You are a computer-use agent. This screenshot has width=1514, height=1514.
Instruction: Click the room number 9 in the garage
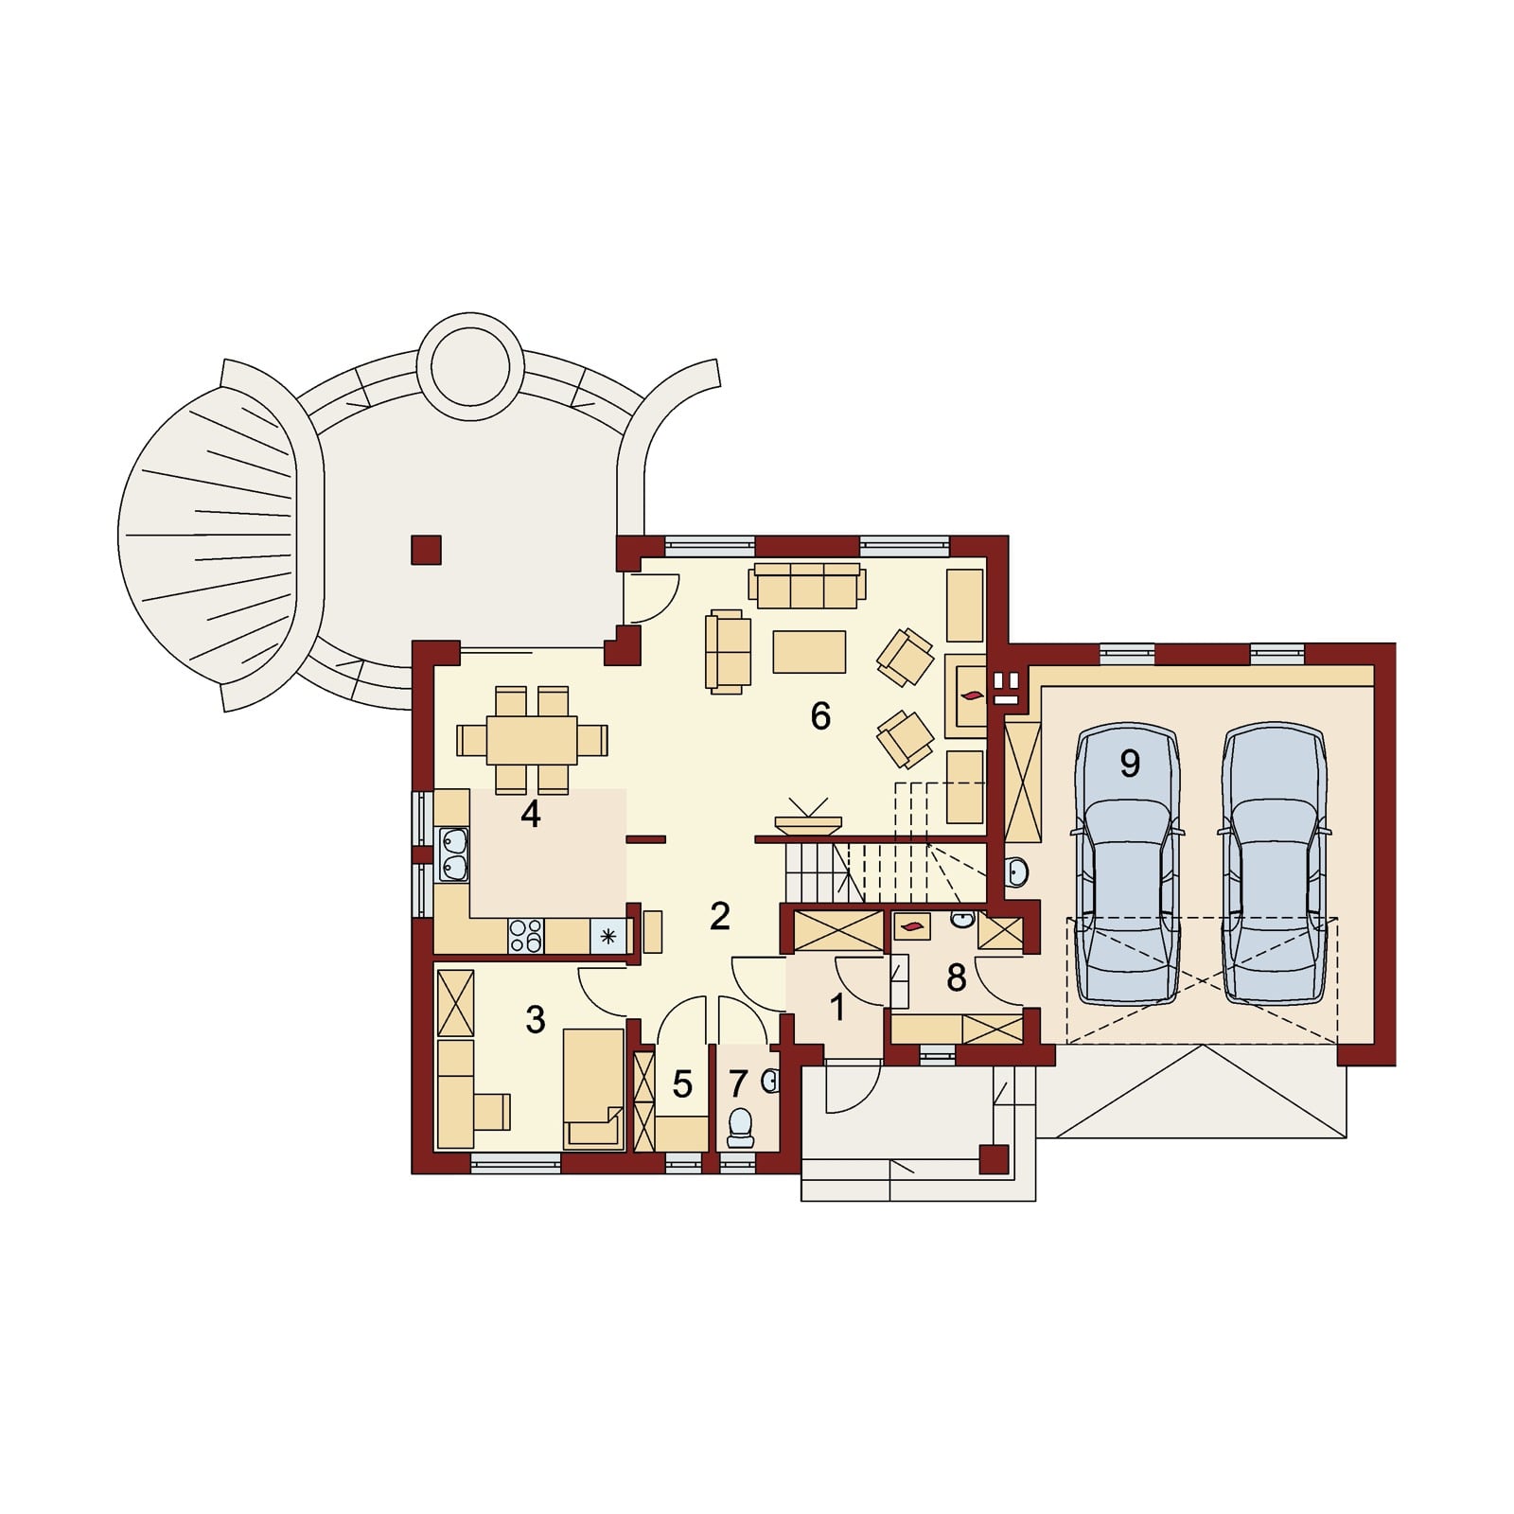[x=1129, y=763]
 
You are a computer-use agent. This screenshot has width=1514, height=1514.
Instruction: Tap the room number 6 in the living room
[x=820, y=716]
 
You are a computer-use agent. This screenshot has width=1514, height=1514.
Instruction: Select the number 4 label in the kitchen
[x=530, y=814]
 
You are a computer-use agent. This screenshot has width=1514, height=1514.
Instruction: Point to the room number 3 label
[x=535, y=1019]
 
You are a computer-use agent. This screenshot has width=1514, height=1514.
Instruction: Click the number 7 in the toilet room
[x=739, y=1083]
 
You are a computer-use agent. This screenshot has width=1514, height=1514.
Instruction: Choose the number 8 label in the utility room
[x=956, y=977]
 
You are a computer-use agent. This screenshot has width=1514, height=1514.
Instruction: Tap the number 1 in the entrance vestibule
[x=838, y=1009]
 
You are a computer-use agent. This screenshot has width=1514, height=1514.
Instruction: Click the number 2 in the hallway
[x=719, y=916]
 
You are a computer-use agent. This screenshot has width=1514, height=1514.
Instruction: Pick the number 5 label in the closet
[x=682, y=1084]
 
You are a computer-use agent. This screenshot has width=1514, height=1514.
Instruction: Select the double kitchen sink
[x=453, y=854]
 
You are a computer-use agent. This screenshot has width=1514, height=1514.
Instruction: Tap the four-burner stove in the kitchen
[x=526, y=936]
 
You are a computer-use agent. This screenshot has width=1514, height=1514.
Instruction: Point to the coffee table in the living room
[x=809, y=652]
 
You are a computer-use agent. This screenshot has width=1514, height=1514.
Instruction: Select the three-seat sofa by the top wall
[x=807, y=587]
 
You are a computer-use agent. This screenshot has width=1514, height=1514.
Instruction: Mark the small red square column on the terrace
[x=427, y=550]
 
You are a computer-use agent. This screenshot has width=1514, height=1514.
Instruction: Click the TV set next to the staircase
[x=807, y=817]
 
